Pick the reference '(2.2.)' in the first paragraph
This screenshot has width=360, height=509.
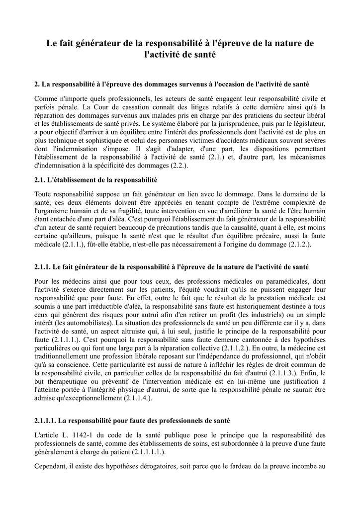[179, 165]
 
